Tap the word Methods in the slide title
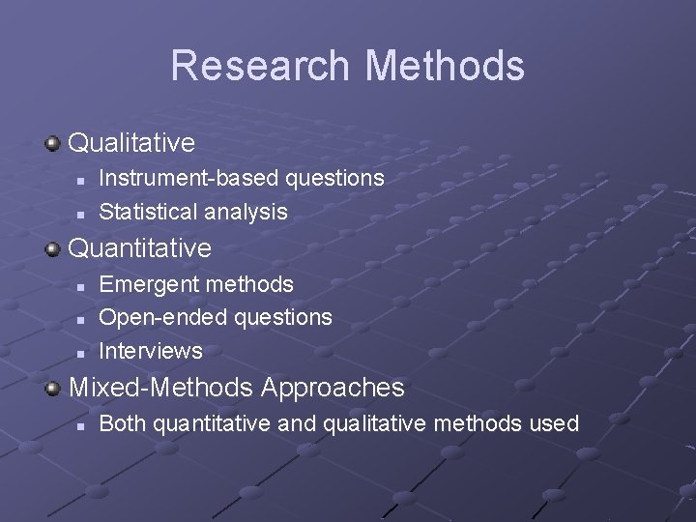click(x=445, y=66)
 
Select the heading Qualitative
click(x=131, y=143)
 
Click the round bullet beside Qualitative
click(x=52, y=144)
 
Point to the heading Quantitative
click(x=139, y=248)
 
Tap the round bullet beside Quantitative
click(x=52, y=249)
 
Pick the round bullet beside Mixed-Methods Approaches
click(x=52, y=389)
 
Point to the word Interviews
click(x=151, y=350)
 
